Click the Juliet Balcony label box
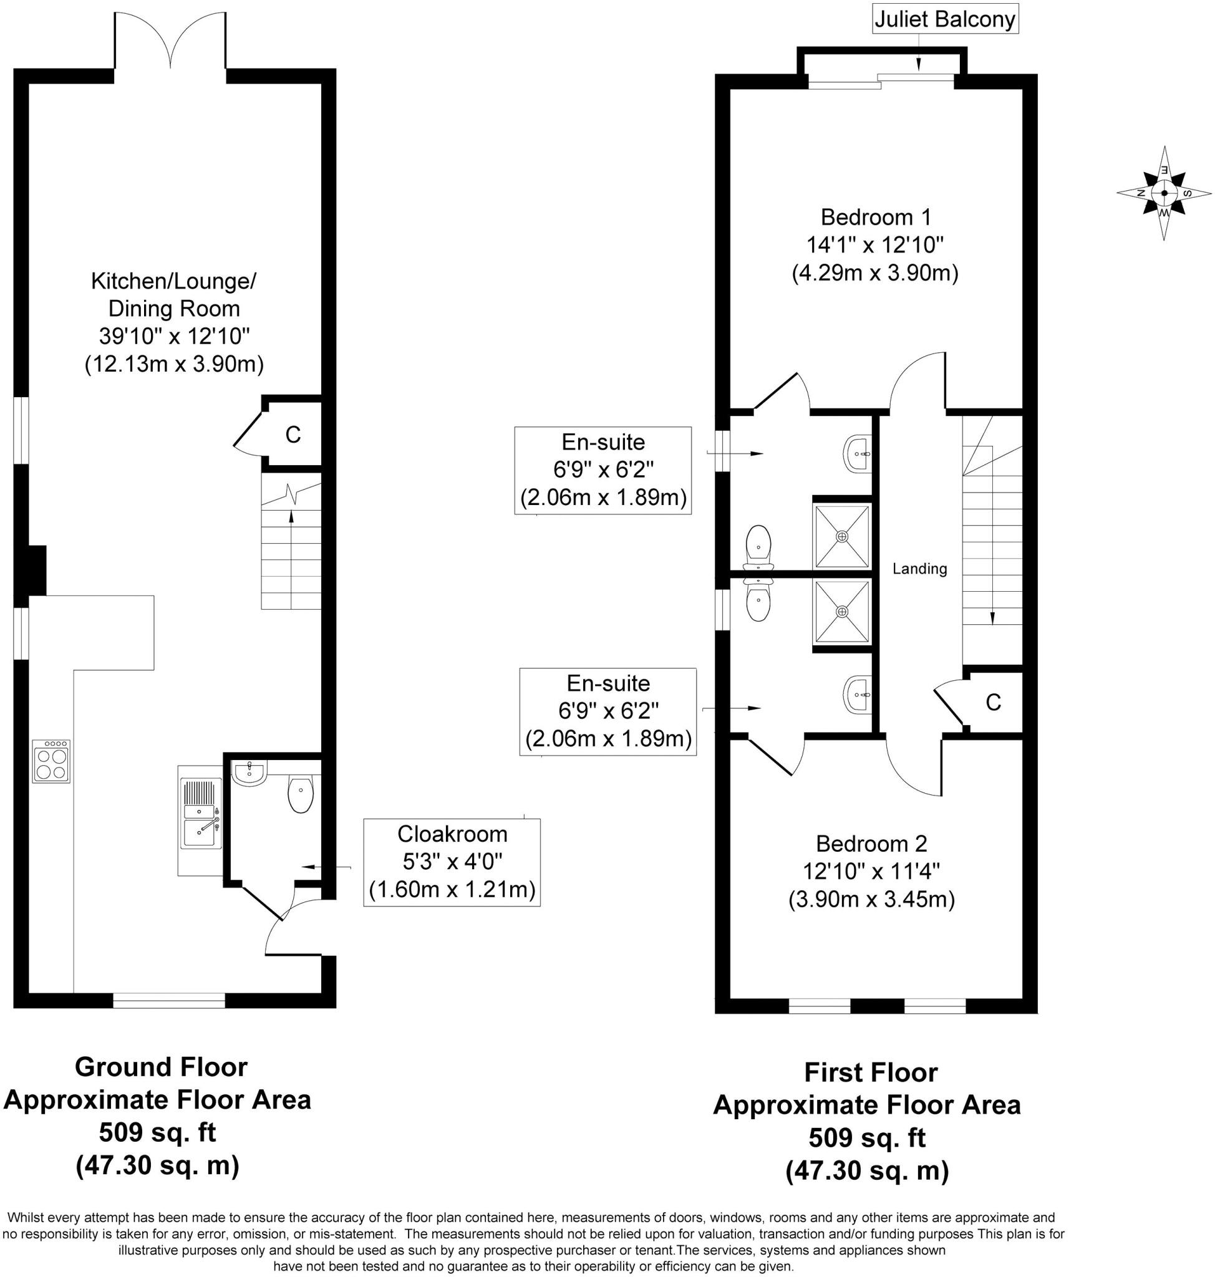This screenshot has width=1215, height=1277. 944,19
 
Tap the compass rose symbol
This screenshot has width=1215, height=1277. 1164,193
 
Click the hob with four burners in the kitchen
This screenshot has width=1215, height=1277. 51,761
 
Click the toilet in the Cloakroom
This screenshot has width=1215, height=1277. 301,795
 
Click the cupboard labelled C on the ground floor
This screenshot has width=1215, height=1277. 293,435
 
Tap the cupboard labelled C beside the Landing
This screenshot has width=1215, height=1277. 993,702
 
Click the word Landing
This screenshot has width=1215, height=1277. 919,569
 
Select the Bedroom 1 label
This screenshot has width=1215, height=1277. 875,216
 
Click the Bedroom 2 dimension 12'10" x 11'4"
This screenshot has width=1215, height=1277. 871,872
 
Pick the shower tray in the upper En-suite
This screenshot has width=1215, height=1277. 841,536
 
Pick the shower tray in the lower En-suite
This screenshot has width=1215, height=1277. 841,611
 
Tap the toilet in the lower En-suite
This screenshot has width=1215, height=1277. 758,600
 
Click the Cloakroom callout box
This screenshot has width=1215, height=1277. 452,862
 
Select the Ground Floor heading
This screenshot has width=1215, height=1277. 161,1066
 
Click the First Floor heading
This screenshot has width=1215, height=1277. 870,1072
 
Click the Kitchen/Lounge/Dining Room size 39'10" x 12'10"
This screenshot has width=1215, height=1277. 174,336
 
